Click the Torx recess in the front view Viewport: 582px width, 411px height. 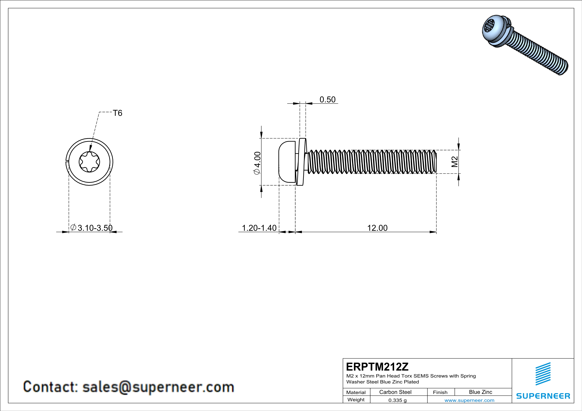click(89, 162)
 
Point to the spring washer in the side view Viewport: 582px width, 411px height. click(301, 162)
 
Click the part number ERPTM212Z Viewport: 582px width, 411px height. click(377, 367)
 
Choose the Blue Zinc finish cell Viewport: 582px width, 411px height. click(480, 392)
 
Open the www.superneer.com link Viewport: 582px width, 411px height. click(469, 400)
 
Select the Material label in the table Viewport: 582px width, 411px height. click(356, 392)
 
